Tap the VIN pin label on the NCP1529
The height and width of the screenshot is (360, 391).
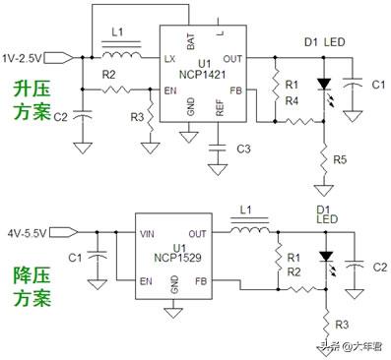click(149, 234)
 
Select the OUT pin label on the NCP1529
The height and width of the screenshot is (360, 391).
click(195, 234)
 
